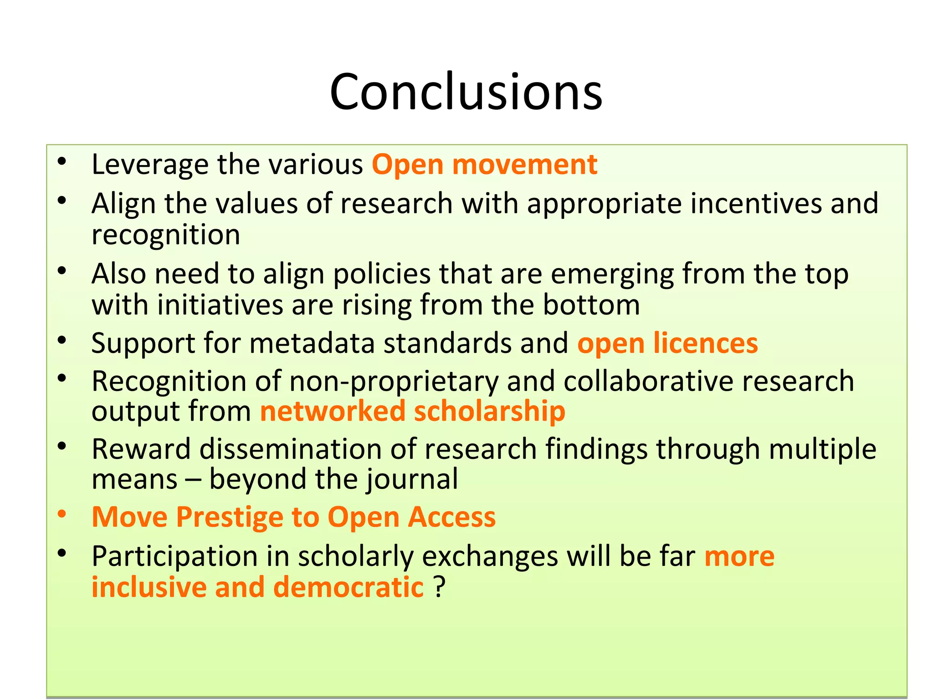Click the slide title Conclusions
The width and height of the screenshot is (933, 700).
pos(466,92)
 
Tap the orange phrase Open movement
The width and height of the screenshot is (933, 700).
pos(484,165)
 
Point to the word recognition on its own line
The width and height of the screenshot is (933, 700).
pos(165,235)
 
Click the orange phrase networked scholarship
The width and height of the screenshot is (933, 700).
pos(412,411)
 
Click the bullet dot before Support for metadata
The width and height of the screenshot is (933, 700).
pos(62,340)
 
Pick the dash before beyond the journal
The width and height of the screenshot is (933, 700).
pos(193,480)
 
